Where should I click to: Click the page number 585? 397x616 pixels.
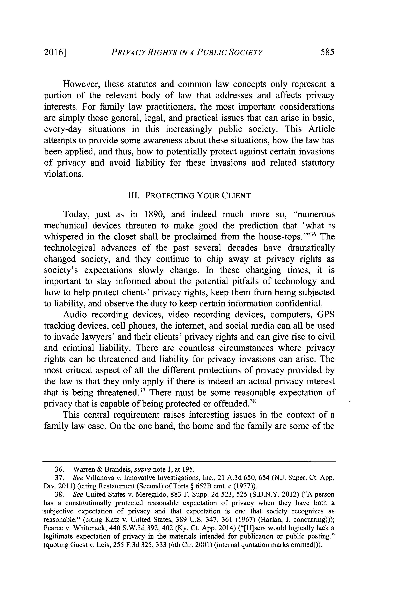327,52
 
